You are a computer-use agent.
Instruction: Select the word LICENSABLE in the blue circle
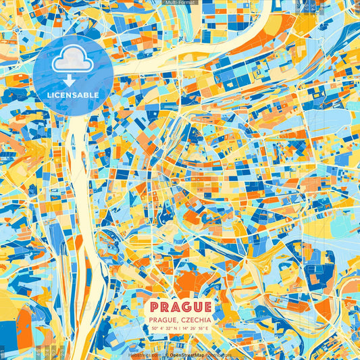pos(72,95)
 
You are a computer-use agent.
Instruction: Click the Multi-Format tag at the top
pos(180,3)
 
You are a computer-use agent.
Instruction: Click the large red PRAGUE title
pos(180,307)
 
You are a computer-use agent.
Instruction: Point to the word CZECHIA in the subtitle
pos(196,319)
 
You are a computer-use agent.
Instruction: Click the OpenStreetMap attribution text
pos(187,355)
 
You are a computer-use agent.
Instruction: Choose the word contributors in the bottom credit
pos(220,355)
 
